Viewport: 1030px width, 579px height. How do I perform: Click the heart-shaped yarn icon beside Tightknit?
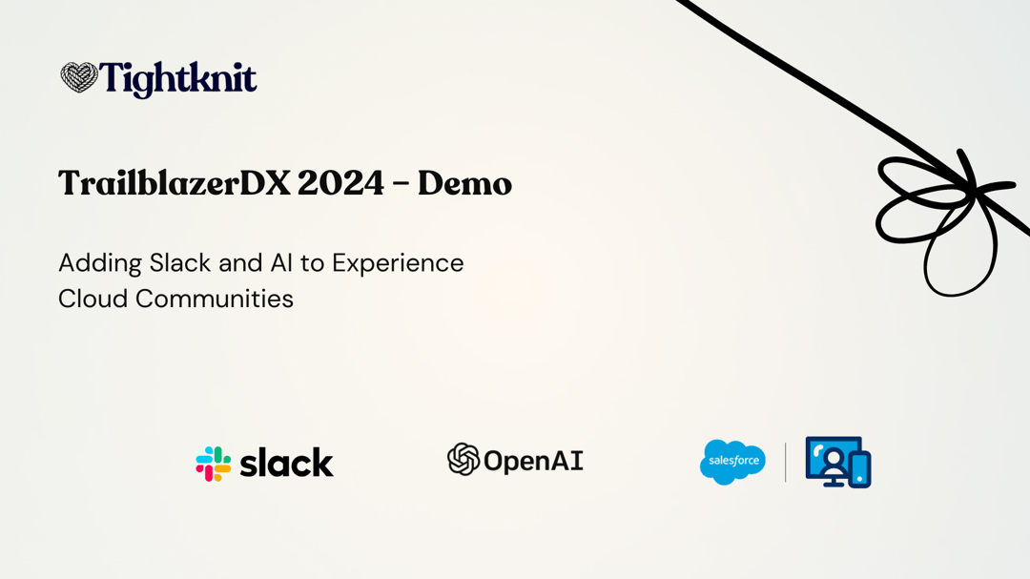click(79, 77)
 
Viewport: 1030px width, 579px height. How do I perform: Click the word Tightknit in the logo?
click(178, 79)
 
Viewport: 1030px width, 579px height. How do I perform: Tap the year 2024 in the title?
click(340, 183)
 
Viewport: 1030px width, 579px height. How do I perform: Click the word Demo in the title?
click(464, 183)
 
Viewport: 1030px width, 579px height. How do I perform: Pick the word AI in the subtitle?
click(281, 262)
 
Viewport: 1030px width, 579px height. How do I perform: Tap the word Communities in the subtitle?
click(215, 299)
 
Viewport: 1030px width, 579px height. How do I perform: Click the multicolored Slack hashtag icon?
click(214, 464)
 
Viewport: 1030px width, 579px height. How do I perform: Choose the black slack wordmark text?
click(286, 463)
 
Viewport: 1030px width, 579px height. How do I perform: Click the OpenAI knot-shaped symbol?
click(463, 460)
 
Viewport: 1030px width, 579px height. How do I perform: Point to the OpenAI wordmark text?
click(533, 462)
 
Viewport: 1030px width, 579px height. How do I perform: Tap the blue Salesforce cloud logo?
click(732, 462)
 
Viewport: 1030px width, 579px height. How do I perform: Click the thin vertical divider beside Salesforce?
click(786, 462)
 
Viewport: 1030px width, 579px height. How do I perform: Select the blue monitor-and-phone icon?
click(837, 462)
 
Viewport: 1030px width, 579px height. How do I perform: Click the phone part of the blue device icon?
click(860, 468)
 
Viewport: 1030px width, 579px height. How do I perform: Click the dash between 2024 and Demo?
click(401, 185)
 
